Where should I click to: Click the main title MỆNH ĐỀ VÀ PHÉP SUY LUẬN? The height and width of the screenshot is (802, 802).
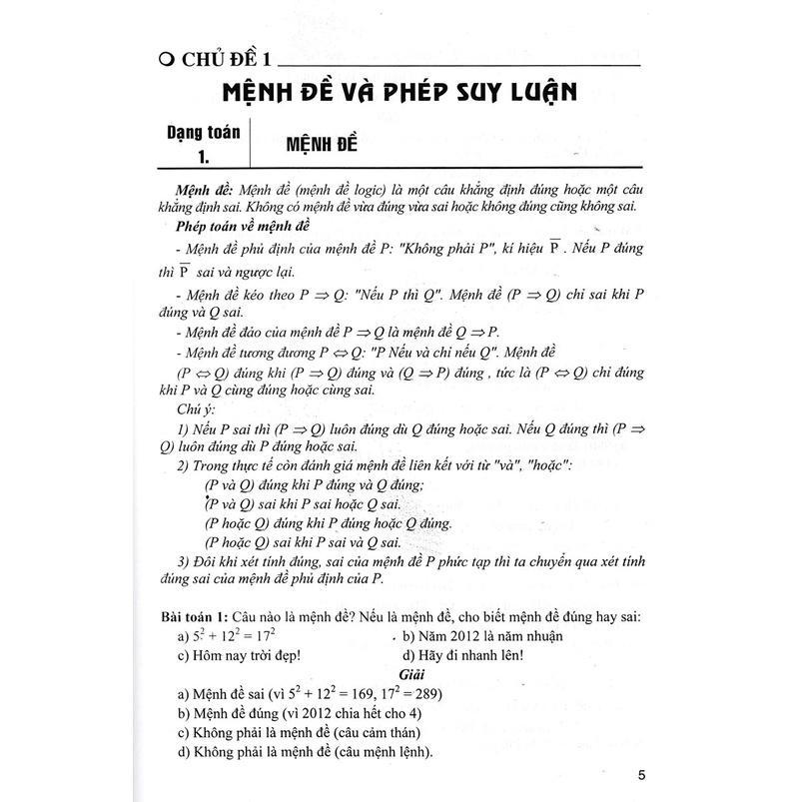400,96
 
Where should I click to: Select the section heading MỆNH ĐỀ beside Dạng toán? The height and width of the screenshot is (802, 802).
319,143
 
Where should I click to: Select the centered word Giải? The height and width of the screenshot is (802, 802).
401,674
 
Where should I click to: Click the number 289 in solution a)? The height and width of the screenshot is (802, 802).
426,694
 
